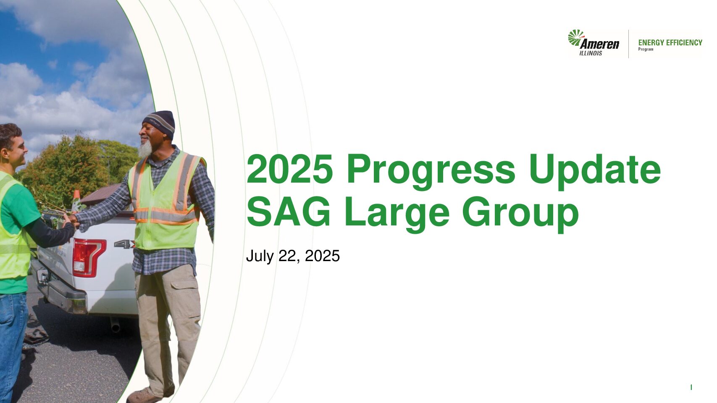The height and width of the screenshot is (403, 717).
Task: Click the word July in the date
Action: point(260,256)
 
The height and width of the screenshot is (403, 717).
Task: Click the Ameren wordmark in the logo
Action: point(599,44)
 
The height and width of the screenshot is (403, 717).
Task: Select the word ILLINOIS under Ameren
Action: point(591,53)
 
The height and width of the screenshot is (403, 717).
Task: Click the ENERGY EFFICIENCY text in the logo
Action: point(670,42)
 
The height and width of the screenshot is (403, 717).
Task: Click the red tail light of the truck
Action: point(88,257)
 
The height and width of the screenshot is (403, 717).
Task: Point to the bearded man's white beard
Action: point(145,149)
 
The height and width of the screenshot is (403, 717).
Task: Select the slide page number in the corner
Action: point(691,387)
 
